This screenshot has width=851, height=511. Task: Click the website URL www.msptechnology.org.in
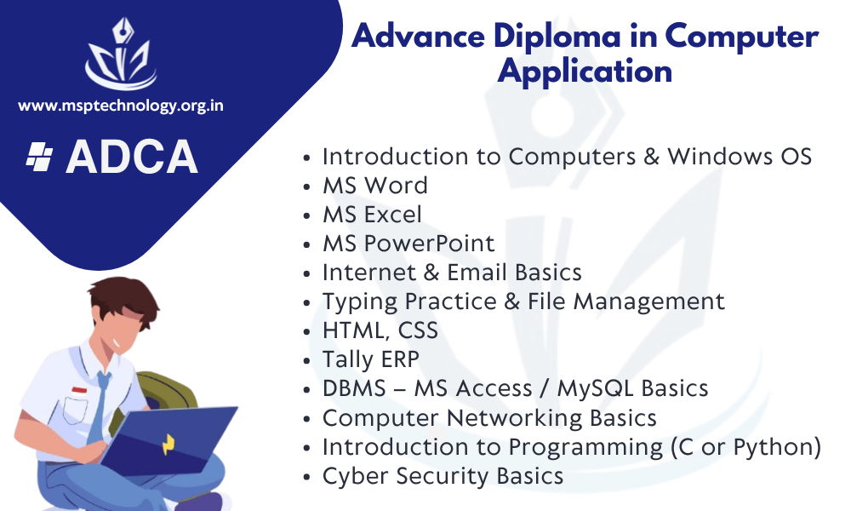(121, 106)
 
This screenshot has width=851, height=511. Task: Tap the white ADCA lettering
(131, 157)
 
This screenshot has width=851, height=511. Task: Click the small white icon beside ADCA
(40, 157)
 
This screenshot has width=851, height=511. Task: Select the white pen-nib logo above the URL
(122, 53)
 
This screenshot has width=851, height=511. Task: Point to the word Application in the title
(585, 72)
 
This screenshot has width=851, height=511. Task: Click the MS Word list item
(375, 186)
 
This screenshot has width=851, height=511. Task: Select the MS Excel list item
(372, 215)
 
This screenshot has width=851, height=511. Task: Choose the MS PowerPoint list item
(408, 244)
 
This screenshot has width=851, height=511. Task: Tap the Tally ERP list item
(371, 359)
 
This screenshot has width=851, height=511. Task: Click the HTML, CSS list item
(380, 330)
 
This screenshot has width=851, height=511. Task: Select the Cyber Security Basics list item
(443, 476)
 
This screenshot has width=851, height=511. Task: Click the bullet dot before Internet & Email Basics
(306, 273)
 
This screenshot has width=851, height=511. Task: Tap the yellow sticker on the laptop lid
(168, 445)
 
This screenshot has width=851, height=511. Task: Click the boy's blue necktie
(98, 407)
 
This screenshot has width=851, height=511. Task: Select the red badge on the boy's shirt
(79, 390)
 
